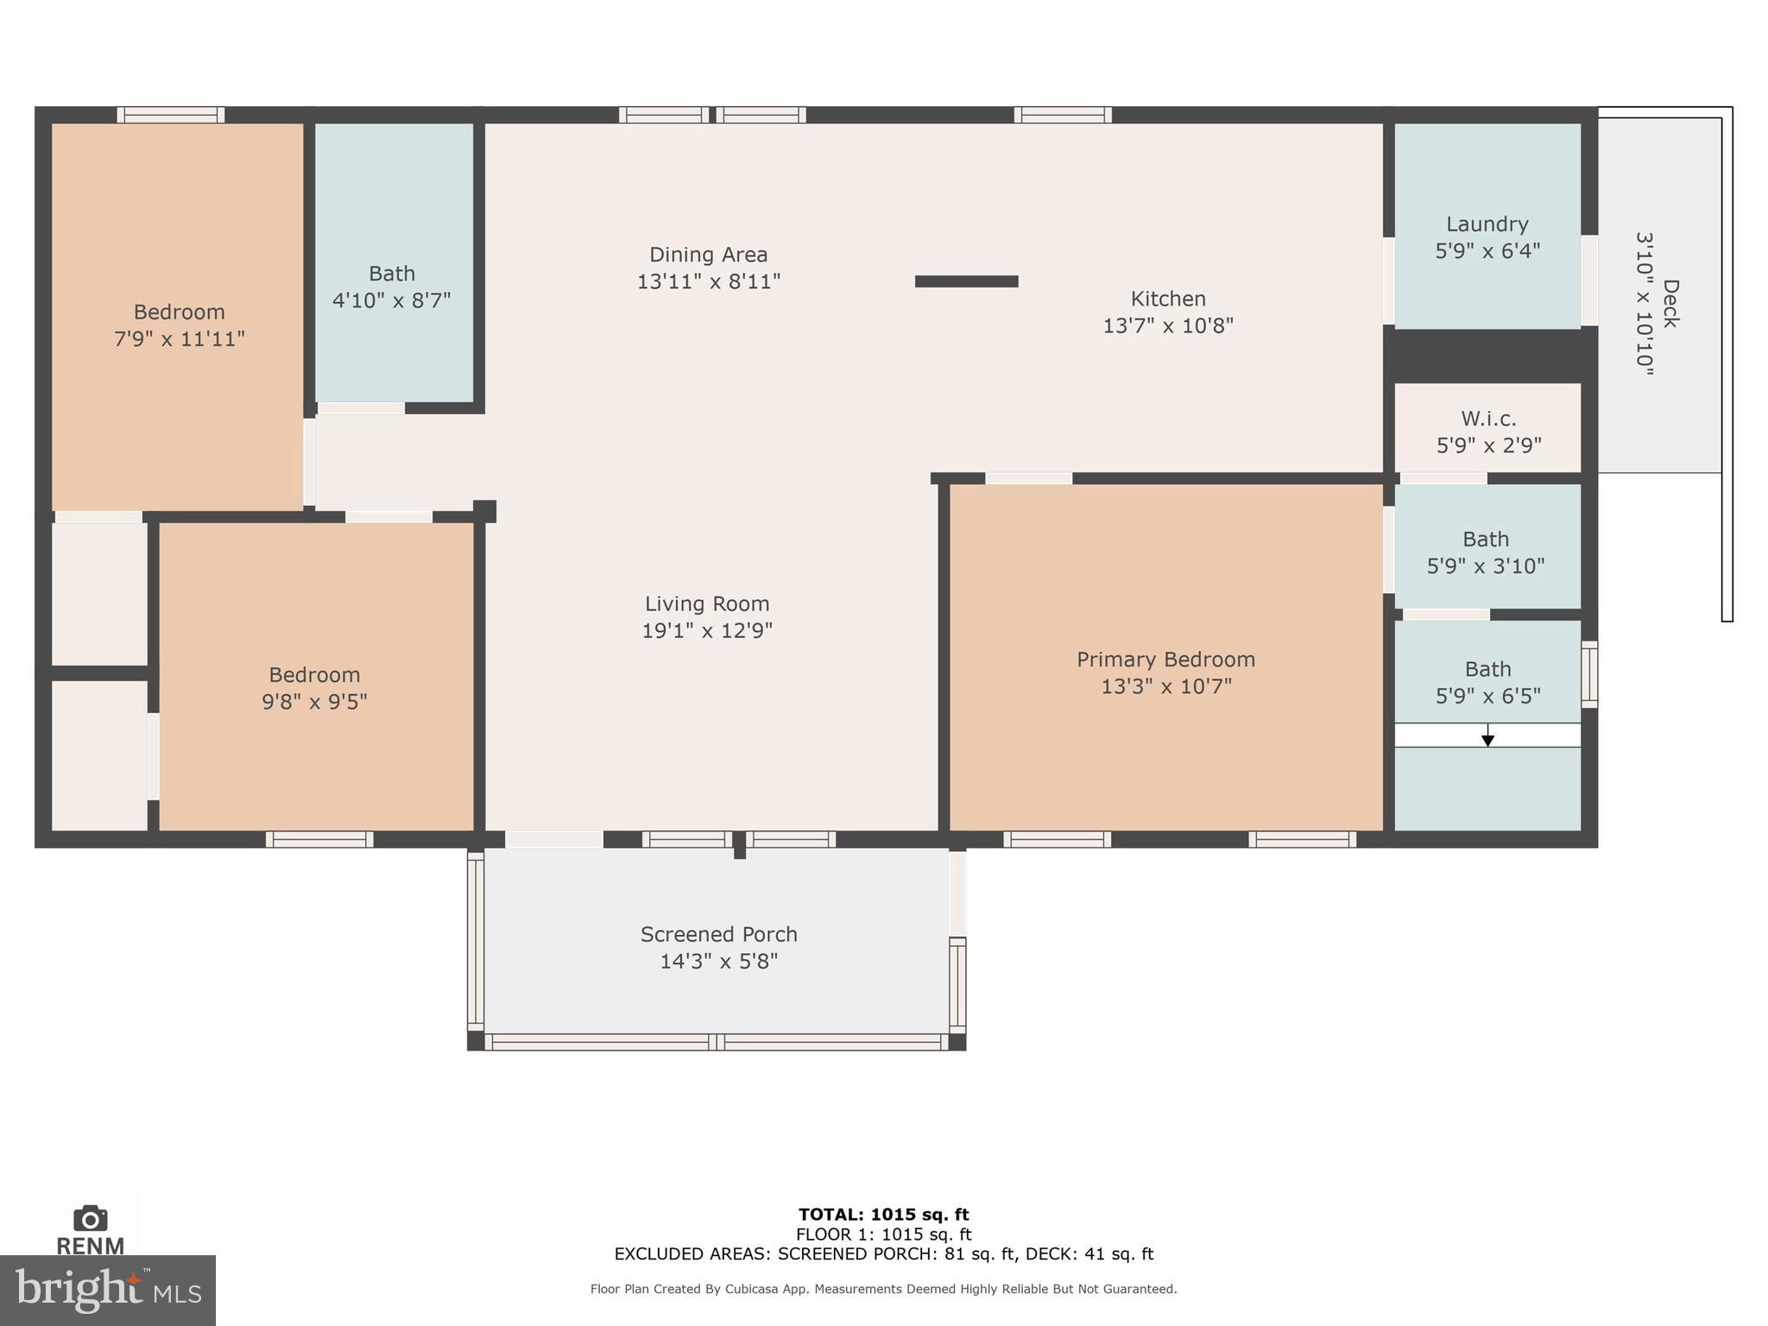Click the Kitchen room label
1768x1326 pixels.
click(1167, 299)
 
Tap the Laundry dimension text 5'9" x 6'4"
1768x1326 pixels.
click(1487, 251)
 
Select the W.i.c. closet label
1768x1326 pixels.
click(1488, 419)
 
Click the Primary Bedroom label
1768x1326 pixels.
click(1165, 660)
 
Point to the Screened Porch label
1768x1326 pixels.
click(718, 934)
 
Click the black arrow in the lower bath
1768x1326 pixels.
click(1487, 738)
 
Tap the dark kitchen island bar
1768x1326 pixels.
click(966, 281)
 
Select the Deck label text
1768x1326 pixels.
click(1670, 303)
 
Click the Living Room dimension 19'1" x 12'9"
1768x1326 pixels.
click(706, 631)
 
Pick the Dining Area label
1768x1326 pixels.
click(708, 255)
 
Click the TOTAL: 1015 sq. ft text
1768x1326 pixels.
click(883, 1215)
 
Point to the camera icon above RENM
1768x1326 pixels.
click(90, 1218)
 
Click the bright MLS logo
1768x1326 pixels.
click(107, 1291)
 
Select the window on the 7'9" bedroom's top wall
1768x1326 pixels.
click(171, 115)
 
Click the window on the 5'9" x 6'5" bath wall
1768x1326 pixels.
click(1588, 674)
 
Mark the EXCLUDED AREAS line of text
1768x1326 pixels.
click(883, 1253)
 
